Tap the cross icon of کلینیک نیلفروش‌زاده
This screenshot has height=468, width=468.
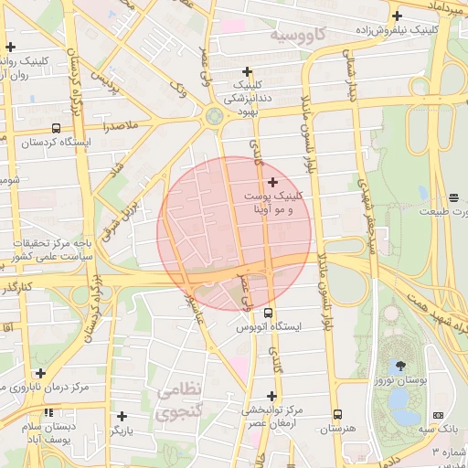396,16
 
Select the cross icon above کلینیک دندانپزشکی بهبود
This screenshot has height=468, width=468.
246,71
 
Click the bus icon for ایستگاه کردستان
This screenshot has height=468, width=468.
57,129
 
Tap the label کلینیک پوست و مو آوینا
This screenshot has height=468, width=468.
272,203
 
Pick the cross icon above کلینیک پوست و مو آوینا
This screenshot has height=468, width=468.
272,183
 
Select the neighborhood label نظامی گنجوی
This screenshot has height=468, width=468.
176,400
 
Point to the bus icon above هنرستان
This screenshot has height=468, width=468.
337,414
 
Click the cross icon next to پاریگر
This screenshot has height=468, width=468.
122,415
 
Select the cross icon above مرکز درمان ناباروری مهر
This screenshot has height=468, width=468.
39,373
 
